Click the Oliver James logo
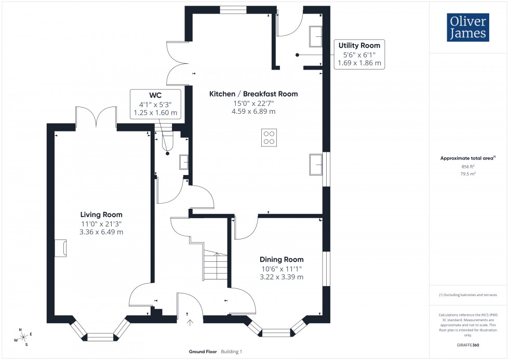[x=467, y=28]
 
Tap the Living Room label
[x=101, y=215]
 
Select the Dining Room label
[x=282, y=260]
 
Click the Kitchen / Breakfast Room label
[x=253, y=94]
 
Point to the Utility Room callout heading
[x=359, y=46]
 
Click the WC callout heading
[x=155, y=96]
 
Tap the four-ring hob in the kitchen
[x=269, y=137]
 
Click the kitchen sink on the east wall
[x=316, y=165]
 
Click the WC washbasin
[x=184, y=163]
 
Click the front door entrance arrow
[x=189, y=322]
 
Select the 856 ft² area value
[x=468, y=167]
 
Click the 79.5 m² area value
[x=468, y=174]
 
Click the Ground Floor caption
[x=203, y=352]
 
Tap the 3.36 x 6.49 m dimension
[x=101, y=232]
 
